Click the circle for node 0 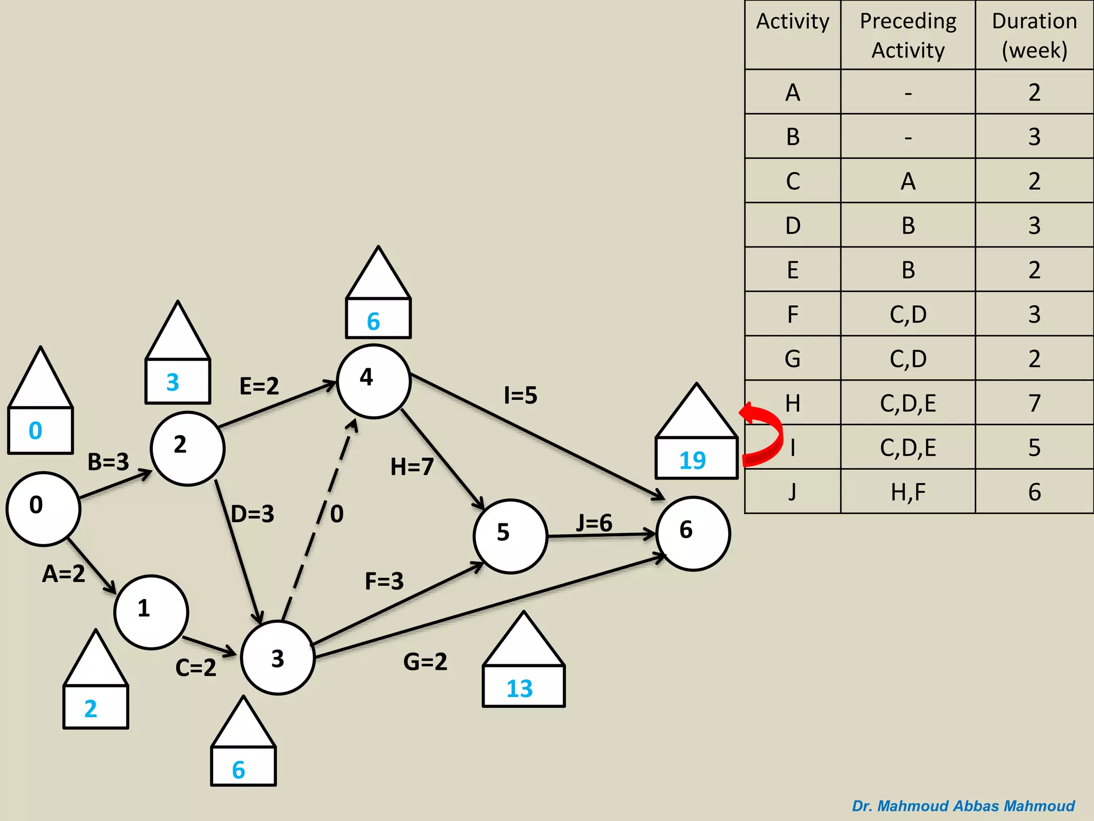[x=43, y=508]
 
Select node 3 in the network [x=278, y=657]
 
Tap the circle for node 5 [x=510, y=536]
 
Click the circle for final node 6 [x=693, y=533]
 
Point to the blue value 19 [x=693, y=460]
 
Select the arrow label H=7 [x=412, y=467]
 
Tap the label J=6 [x=594, y=522]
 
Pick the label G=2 [x=425, y=662]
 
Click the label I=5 [x=521, y=396]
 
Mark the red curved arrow [x=763, y=434]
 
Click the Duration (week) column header [x=1034, y=35]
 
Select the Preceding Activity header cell [x=908, y=35]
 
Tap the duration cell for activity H [x=1034, y=403]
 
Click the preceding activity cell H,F [x=908, y=492]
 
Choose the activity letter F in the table [x=793, y=314]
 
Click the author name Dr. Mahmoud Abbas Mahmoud [x=963, y=806]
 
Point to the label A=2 [x=64, y=574]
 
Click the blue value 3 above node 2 [x=173, y=382]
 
